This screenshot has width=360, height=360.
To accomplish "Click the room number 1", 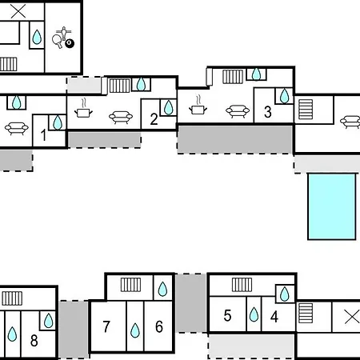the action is (43, 134).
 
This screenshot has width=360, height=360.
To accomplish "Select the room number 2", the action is (154, 119).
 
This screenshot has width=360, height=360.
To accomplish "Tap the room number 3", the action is (268, 112).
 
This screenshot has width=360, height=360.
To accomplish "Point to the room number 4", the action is (274, 317).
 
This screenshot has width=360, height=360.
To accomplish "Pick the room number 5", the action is (227, 315).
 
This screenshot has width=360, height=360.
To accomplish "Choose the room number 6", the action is (159, 326).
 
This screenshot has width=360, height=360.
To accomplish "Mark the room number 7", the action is (106, 326).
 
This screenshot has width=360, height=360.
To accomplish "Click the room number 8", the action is (34, 341).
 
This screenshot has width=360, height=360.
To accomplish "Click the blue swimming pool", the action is (332, 206).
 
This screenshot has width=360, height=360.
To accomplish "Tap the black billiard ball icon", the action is (70, 43).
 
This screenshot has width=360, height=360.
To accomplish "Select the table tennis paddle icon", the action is (58, 42).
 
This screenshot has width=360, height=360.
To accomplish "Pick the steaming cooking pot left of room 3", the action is (198, 106).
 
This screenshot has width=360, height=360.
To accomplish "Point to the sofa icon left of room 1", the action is (17, 128).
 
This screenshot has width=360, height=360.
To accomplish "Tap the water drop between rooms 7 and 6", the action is (135, 330).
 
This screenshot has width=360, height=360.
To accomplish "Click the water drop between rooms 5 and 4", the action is (254, 314).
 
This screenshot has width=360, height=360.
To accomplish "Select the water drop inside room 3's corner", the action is (284, 96).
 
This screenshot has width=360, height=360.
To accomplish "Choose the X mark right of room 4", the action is (352, 317).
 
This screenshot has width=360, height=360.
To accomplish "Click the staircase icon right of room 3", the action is (306, 109).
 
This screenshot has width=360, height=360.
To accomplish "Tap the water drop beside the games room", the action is (37, 37).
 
